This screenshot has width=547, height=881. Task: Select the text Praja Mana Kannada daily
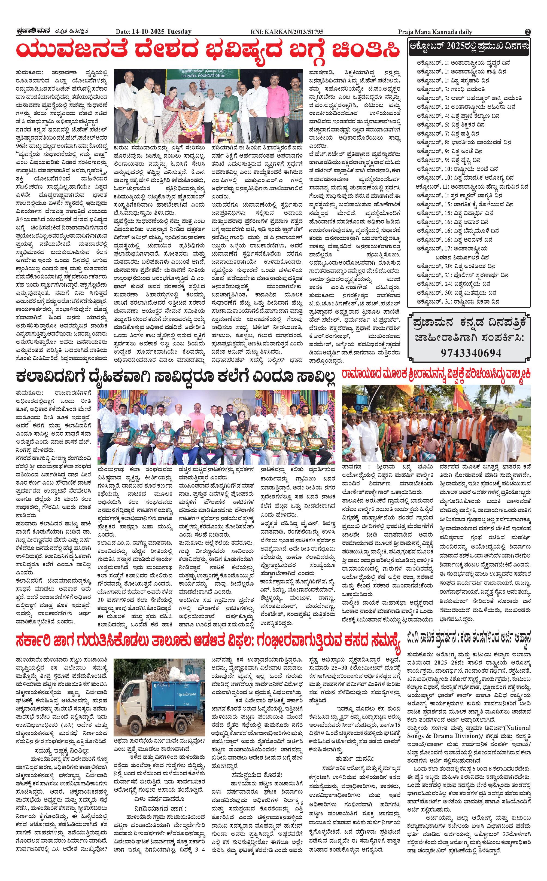click(435, 32)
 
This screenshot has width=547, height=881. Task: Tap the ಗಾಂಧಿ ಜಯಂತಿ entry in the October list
click(450, 89)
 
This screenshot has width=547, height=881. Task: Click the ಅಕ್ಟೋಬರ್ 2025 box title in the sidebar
click(469, 46)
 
